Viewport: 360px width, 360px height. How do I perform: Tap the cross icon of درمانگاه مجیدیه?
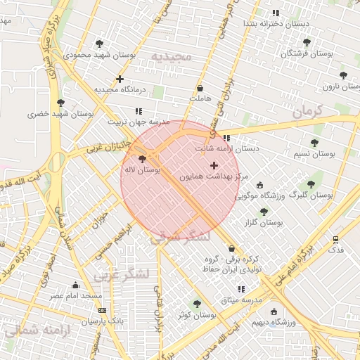pos(120,79)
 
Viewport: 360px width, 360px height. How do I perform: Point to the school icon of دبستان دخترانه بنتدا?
pos(275,13)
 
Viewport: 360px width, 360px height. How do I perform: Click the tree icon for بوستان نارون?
pos(343,75)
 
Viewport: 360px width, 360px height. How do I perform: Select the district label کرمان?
pos(307,111)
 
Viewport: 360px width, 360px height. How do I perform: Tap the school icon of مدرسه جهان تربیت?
pos(139,111)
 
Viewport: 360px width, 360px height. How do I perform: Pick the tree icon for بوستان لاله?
pos(143,159)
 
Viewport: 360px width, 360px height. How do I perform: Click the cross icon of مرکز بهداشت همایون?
pos(214,165)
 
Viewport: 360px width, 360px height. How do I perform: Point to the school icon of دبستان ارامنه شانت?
pos(226,138)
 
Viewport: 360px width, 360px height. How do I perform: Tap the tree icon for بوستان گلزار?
pos(264,211)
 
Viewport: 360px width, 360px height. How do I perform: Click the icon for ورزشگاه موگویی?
pos(260,186)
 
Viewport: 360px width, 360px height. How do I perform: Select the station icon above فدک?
pos(336,239)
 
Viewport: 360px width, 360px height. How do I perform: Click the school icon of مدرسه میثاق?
pos(242,289)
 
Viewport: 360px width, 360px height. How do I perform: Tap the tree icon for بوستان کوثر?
pos(196,304)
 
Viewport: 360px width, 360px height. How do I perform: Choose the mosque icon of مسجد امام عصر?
pos(76,285)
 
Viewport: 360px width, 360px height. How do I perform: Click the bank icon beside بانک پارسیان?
pos(103,310)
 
